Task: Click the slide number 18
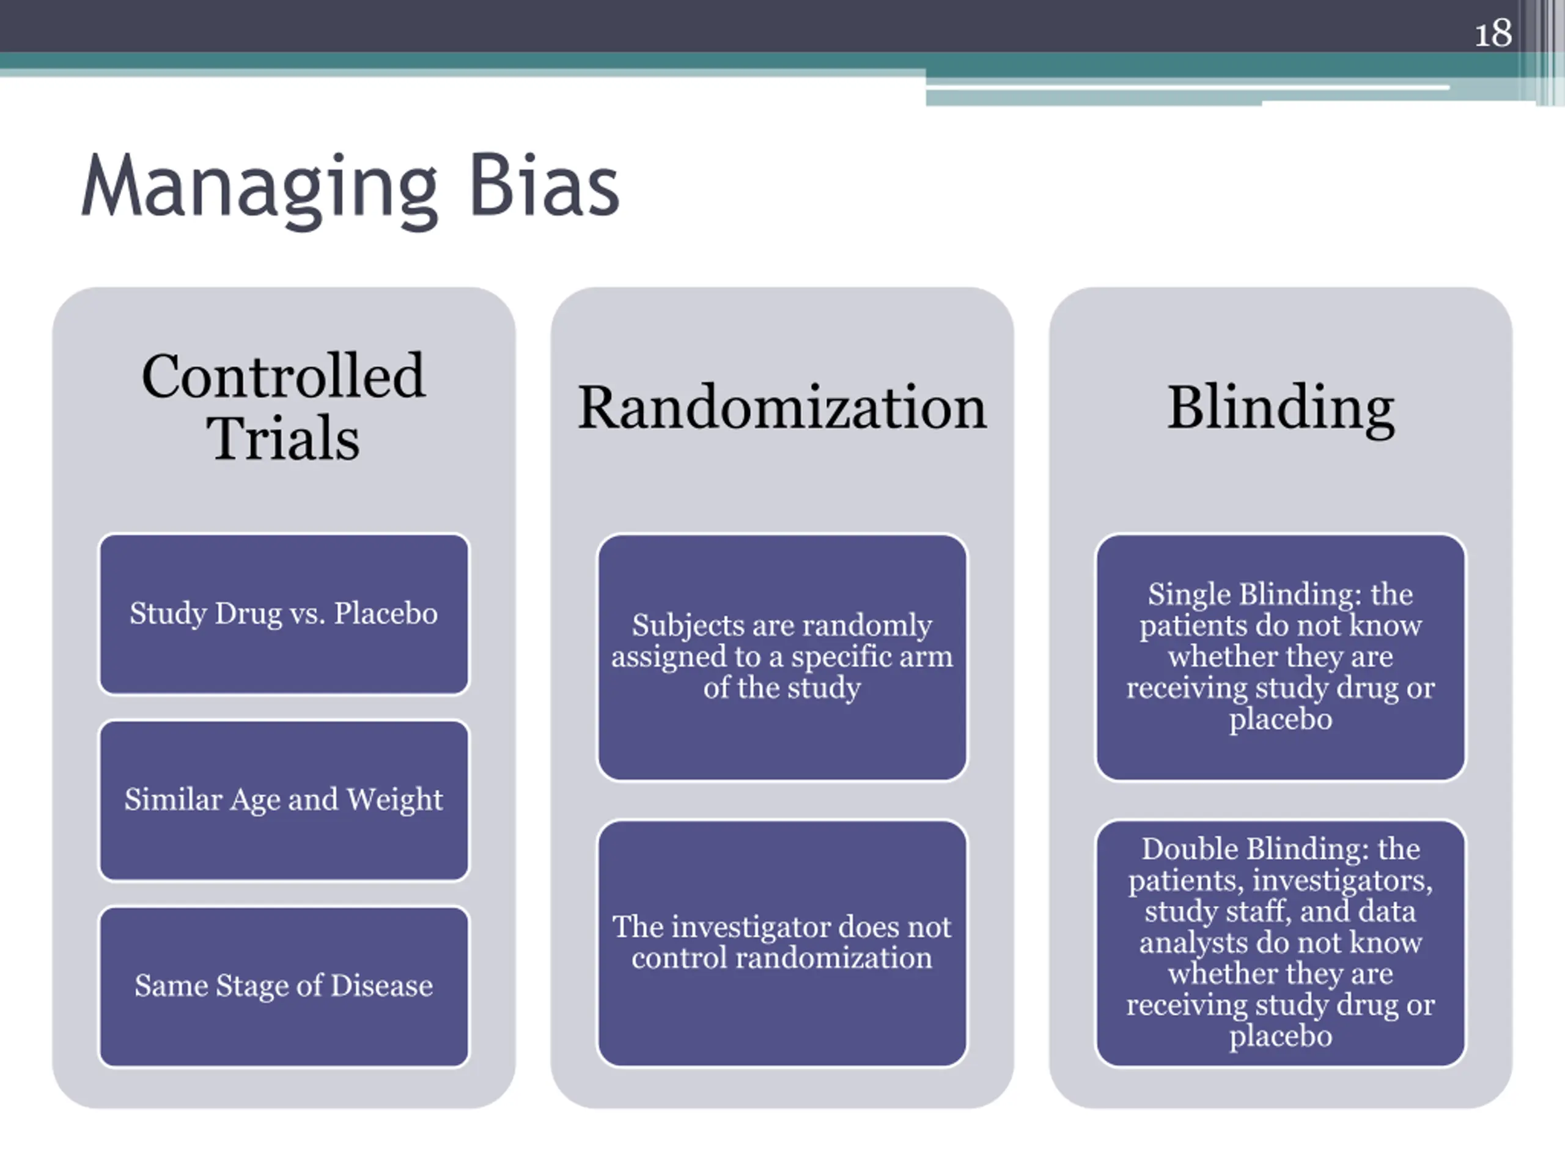pos(1493,33)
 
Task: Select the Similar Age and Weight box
pos(284,800)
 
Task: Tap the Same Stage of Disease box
pos(284,986)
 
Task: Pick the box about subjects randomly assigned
pos(782,657)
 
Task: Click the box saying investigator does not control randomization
pos(782,943)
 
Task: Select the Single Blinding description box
pos(1281,657)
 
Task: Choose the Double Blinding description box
pos(1281,943)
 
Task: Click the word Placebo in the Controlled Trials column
pos(386,613)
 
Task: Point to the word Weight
pos(395,800)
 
